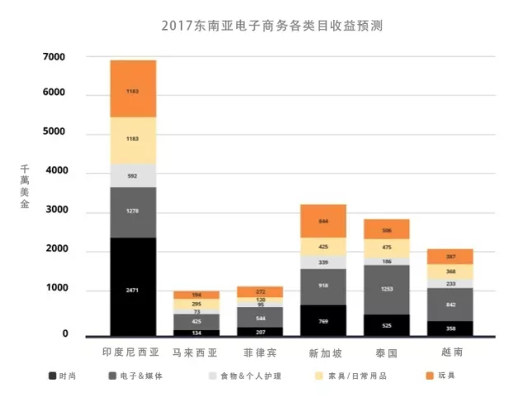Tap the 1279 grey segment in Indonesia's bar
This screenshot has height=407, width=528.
tap(133, 212)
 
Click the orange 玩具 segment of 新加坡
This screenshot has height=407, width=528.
tap(323, 221)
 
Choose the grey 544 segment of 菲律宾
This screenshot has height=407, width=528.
tap(260, 317)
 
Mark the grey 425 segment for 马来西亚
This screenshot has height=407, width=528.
tap(196, 321)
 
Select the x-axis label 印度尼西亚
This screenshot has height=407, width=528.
tap(133, 352)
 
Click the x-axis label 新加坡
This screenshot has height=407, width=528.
tap(323, 353)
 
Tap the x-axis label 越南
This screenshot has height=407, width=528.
tap(450, 353)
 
